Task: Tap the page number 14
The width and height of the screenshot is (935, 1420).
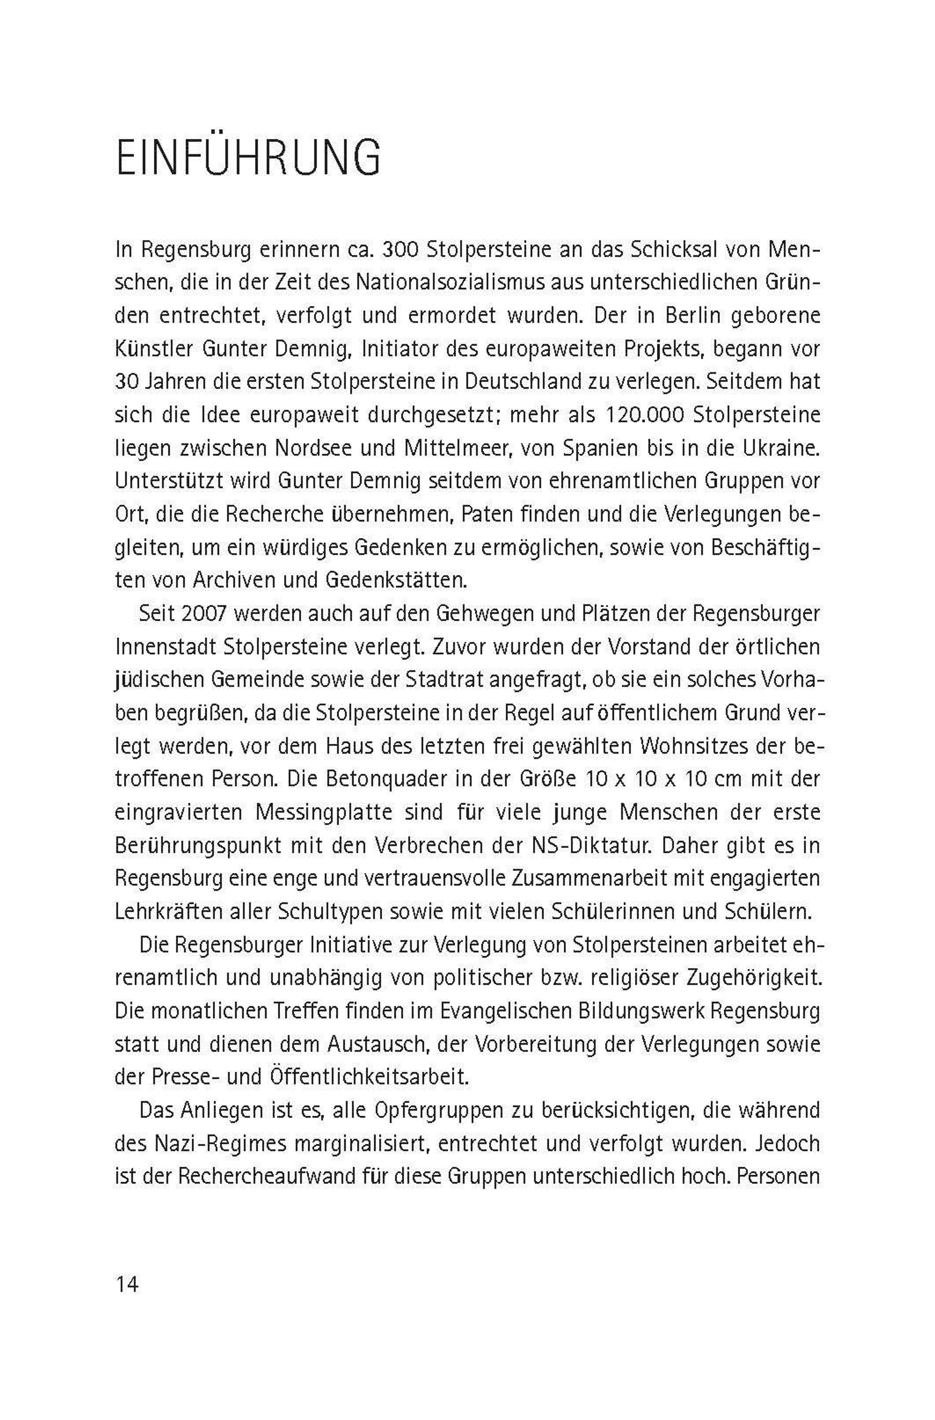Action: tap(127, 1284)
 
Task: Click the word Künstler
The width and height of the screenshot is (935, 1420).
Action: tap(153, 349)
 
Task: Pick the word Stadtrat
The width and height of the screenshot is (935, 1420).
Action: tap(468, 680)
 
